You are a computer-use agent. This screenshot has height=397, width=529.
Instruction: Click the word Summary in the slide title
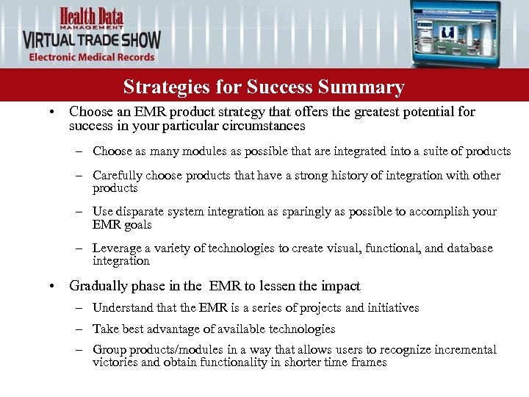pyautogui.click(x=361, y=87)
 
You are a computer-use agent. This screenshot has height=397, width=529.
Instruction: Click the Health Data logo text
pyautogui.click(x=92, y=15)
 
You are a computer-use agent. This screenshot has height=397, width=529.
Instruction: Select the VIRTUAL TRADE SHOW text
pyautogui.click(x=92, y=39)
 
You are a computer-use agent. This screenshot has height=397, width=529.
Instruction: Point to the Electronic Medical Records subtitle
pyautogui.click(x=92, y=57)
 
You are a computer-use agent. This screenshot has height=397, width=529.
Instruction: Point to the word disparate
pyautogui.click(x=143, y=211)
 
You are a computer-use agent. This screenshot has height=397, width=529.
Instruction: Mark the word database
pyautogui.click(x=467, y=248)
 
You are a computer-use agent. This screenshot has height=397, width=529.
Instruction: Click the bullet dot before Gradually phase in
pyautogui.click(x=50, y=286)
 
